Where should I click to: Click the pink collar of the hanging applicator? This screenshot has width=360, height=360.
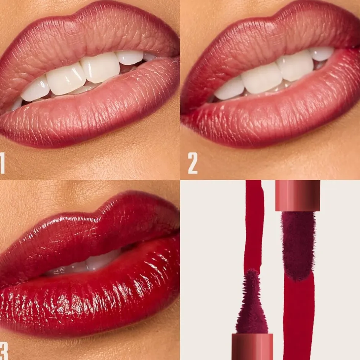click(298, 195)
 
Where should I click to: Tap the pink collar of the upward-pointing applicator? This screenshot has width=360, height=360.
click(252, 346)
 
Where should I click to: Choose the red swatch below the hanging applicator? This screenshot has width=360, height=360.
click(299, 318)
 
